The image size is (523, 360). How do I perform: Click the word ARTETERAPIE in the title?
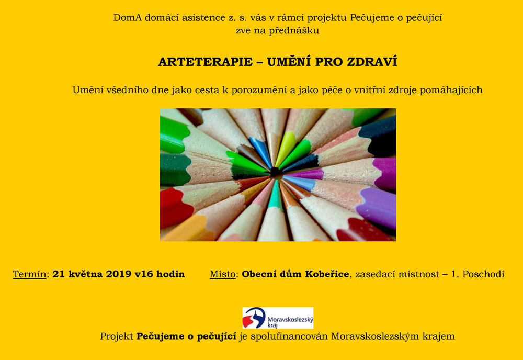[x=205, y=62]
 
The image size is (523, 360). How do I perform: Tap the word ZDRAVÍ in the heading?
[x=372, y=61]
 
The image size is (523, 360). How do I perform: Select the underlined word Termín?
[x=29, y=274]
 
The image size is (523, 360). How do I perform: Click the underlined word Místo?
[x=223, y=274]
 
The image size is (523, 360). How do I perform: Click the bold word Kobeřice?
[x=327, y=274]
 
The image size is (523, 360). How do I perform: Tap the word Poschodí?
[x=483, y=274]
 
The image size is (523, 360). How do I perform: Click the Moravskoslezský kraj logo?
[x=278, y=318]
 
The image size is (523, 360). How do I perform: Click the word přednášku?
[x=294, y=31]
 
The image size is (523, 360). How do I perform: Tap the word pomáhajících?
[x=451, y=91]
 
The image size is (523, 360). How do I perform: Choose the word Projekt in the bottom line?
[x=117, y=336]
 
